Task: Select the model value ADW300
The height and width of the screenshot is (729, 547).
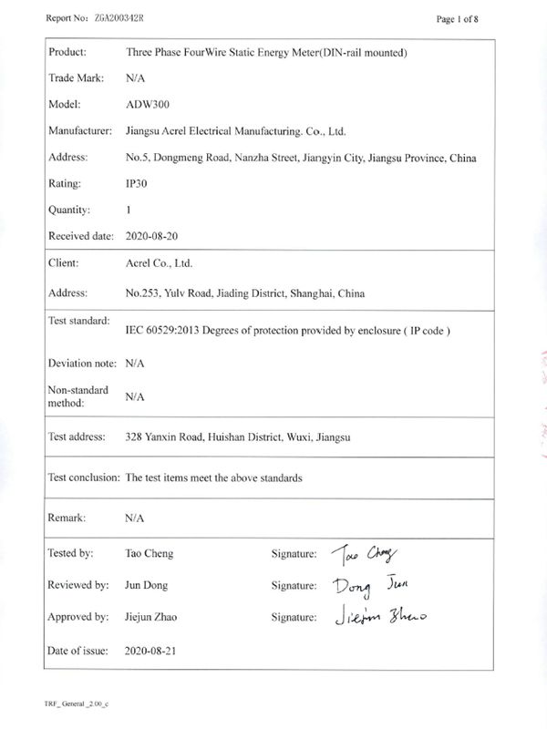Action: click(x=143, y=105)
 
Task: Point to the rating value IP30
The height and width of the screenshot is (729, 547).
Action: click(x=135, y=183)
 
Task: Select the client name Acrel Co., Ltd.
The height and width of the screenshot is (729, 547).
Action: click(x=159, y=263)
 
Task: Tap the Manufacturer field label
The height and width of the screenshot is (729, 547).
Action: click(x=79, y=131)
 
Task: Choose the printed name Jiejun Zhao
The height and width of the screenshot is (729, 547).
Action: click(x=150, y=618)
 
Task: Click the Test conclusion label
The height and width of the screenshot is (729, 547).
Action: click(x=83, y=477)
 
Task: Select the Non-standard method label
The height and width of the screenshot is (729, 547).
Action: click(x=77, y=396)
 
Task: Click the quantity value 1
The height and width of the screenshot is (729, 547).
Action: click(x=129, y=210)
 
